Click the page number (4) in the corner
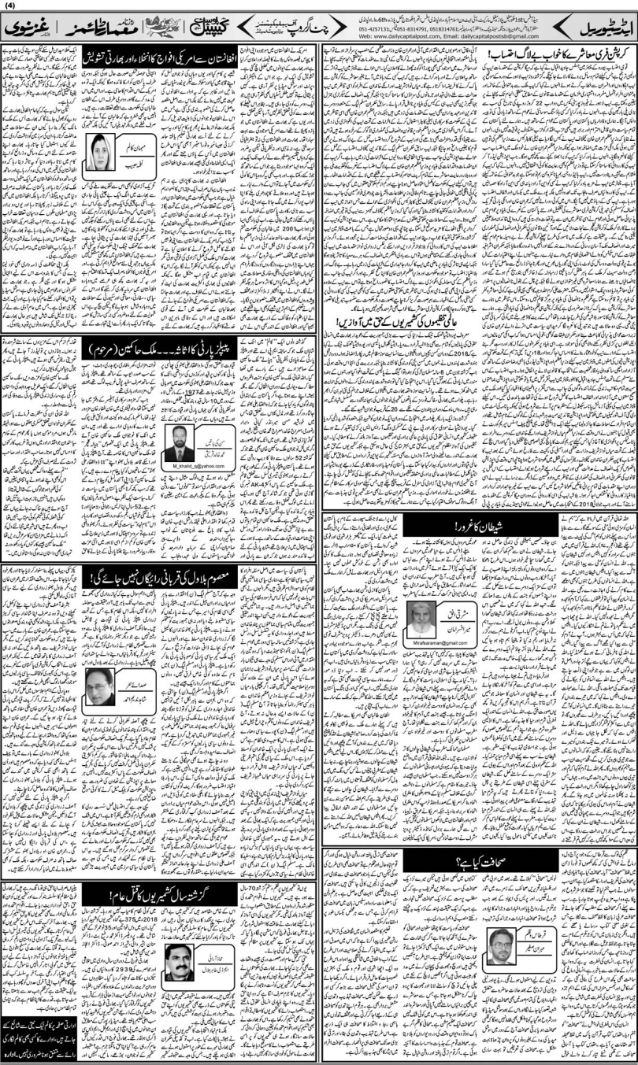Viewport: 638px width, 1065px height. [9, 9]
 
